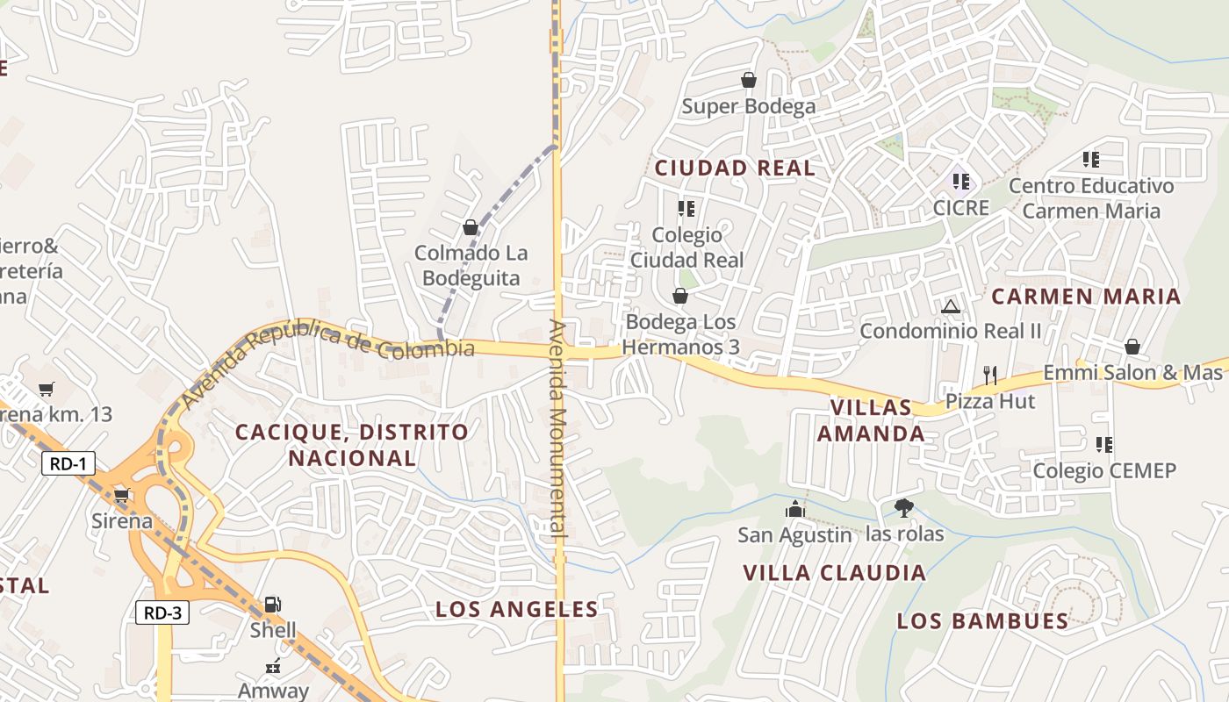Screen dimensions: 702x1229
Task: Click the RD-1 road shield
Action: coord(68,463)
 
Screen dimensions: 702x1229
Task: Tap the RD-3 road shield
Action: coord(162,612)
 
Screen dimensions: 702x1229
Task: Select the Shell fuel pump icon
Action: coord(273,604)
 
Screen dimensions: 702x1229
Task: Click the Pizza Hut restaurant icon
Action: coord(990,376)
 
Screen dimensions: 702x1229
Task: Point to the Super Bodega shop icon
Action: coord(749,81)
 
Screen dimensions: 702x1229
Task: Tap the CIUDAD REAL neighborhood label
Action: coord(735,168)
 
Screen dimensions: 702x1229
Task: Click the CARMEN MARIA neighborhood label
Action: coord(1086,297)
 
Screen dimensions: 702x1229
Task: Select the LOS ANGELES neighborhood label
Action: coord(517,609)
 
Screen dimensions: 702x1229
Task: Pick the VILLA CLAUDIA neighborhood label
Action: coord(834,573)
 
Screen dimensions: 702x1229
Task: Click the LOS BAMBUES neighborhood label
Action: coord(982,621)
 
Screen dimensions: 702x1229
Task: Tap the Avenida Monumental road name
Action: coord(558,427)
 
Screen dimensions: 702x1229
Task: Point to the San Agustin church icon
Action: coord(794,509)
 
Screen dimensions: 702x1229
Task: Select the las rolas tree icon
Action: coord(903,507)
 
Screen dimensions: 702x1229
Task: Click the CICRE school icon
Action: coord(961,182)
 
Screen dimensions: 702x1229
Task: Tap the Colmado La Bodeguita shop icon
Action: coord(471,228)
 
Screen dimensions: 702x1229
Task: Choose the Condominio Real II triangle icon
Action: coord(950,307)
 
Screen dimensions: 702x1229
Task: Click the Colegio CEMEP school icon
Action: coord(1104,445)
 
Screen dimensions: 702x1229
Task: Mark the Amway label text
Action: coord(273,691)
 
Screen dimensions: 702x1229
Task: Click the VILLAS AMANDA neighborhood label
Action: coord(871,420)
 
